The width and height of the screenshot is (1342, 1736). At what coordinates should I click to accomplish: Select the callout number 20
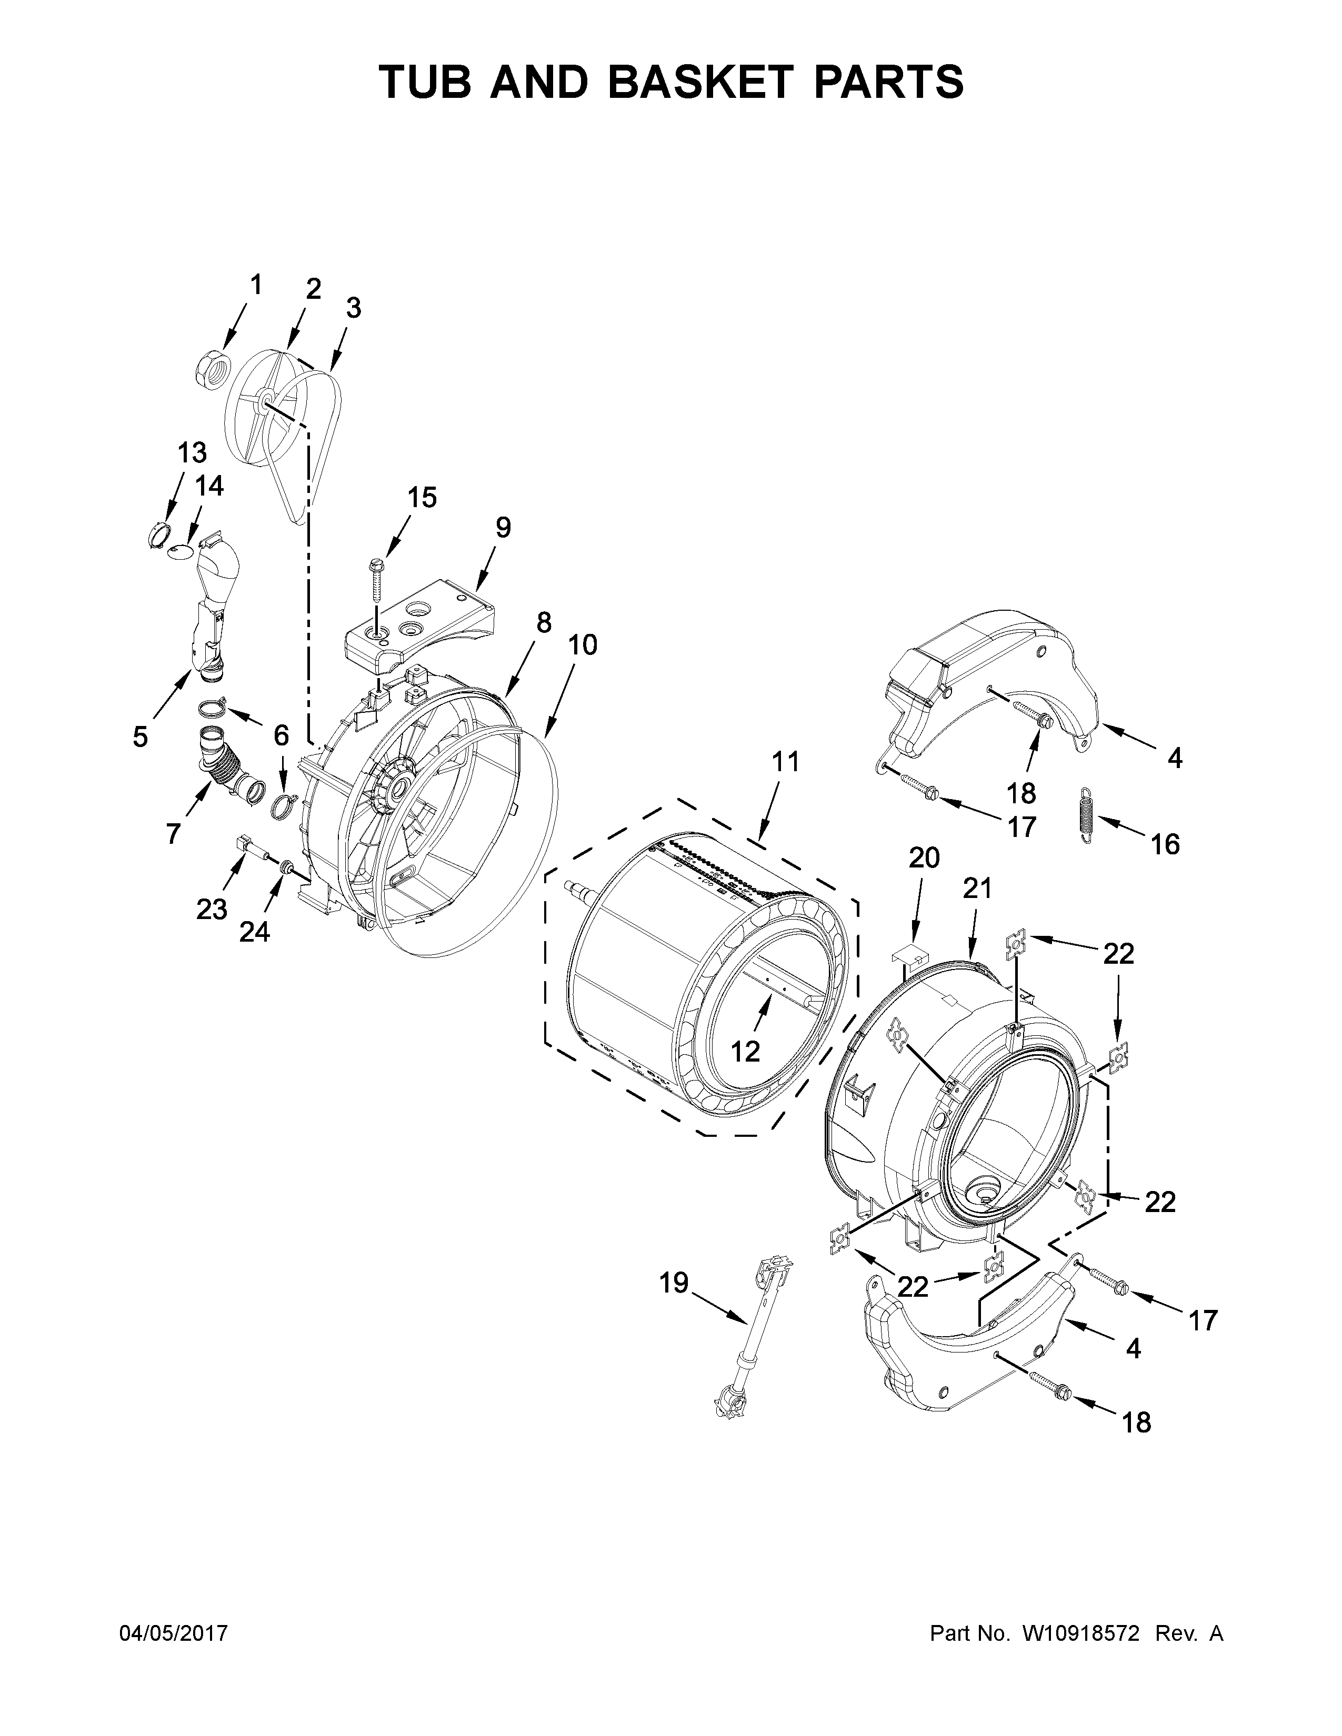click(924, 857)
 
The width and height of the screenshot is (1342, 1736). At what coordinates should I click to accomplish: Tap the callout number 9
click(503, 527)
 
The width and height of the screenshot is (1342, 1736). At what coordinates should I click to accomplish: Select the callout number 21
click(978, 888)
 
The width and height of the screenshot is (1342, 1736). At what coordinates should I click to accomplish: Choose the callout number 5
click(140, 737)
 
